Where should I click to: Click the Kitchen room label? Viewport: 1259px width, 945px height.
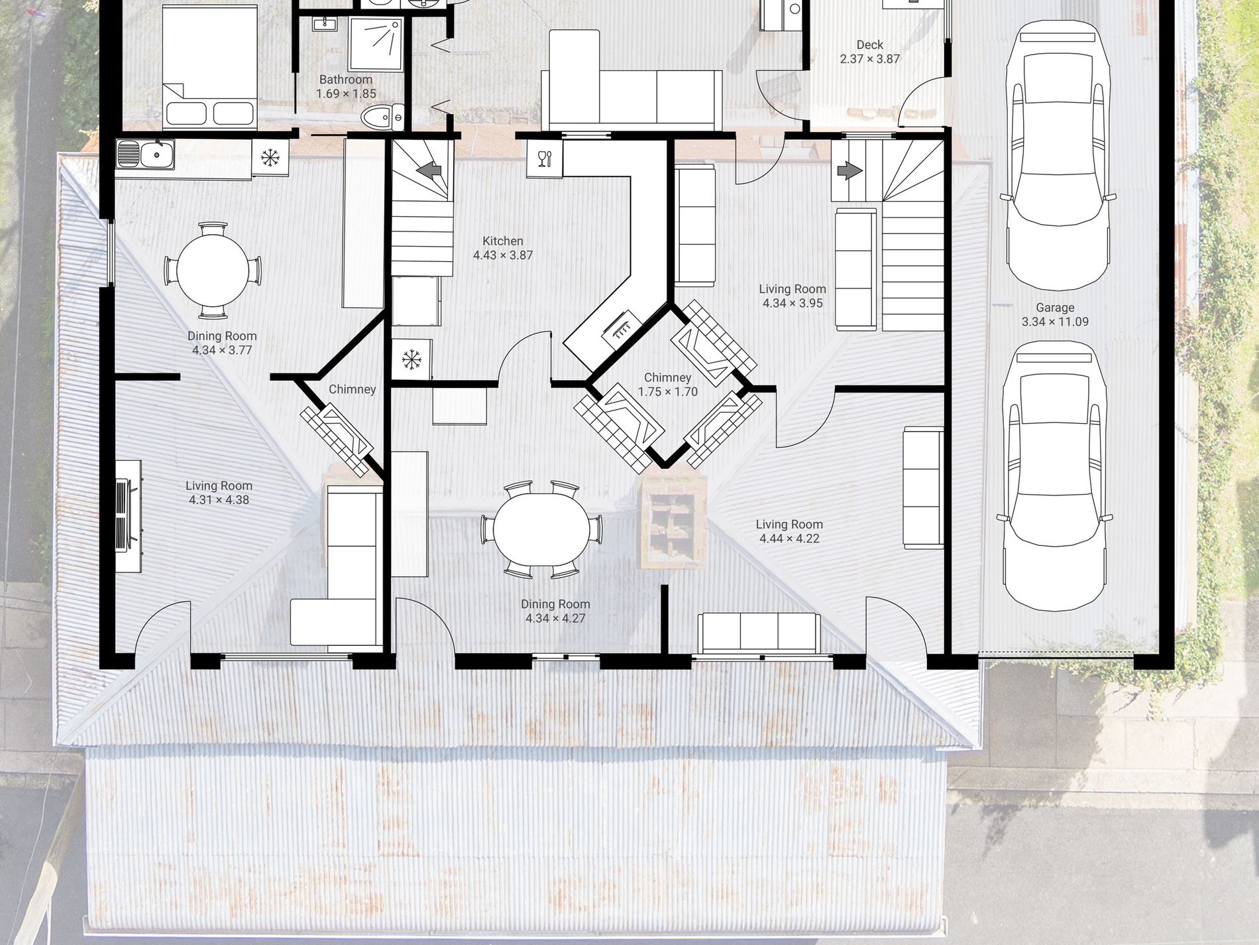pos(502,241)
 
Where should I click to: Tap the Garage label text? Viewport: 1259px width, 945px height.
pos(1055,308)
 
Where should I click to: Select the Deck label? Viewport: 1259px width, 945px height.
pos(869,44)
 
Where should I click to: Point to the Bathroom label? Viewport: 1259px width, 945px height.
pos(346,80)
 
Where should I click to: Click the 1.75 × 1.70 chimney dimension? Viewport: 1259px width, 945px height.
pos(668,392)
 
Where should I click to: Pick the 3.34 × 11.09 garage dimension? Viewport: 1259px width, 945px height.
pos(1055,322)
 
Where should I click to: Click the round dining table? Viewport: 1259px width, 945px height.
pos(213,271)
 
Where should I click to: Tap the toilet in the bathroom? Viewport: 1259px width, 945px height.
pos(383,118)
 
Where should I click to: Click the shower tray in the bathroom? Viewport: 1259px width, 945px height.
pos(376,44)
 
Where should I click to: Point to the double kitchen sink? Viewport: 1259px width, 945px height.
pos(145,155)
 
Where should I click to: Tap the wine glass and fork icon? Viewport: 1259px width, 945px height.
pos(544,158)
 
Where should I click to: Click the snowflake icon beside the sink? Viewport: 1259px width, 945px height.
pos(270,158)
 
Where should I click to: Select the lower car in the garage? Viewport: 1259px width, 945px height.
pos(1054,475)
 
